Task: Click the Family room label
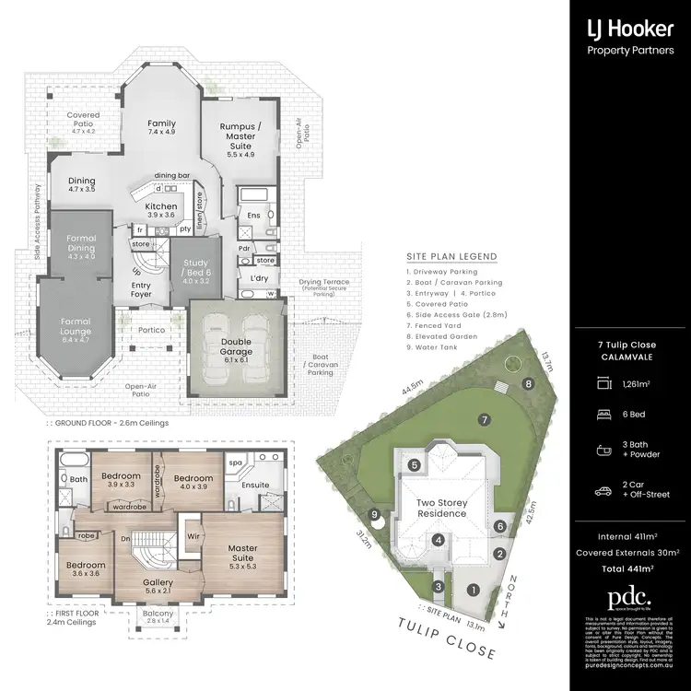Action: coord(162,128)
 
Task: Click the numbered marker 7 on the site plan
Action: coord(482,419)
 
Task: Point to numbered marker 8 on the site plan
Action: coord(528,383)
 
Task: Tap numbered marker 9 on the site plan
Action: coord(374,514)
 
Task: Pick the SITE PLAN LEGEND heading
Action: coord(451,256)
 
